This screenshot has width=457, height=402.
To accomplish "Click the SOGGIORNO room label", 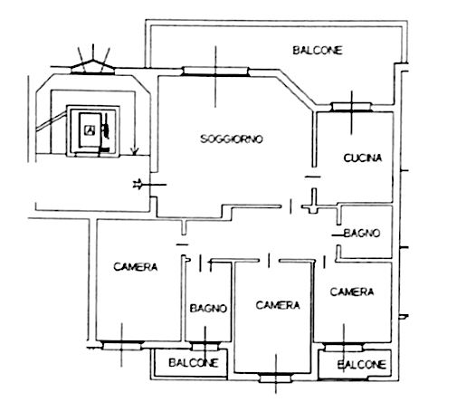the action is coord(232,139).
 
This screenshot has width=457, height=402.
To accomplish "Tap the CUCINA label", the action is coord(363,158).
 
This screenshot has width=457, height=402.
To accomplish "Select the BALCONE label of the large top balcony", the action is coord(318,50).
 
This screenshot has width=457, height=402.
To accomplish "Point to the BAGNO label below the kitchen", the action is coord(362,233).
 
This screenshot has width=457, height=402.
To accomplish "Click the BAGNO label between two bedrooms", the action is coord(208,308).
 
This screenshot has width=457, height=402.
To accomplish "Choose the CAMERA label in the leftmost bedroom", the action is coord(135,267).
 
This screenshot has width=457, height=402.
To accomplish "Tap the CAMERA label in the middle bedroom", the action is coord(278,305).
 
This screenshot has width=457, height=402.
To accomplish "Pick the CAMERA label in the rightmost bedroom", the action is coord(352,292).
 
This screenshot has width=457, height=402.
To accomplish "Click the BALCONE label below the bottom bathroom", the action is coord(194,362).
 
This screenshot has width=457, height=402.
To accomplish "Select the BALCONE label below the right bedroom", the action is coord(362,365).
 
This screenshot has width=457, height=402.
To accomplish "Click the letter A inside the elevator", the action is coord(90,130).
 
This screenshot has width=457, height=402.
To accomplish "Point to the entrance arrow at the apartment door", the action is coord(149,184).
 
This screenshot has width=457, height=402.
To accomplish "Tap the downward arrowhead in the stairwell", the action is coord(134,150).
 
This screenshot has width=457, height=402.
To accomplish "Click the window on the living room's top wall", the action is coord(215,72).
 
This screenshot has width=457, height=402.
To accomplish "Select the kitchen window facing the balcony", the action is coord(351,107).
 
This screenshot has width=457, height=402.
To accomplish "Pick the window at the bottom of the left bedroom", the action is coord(121,345).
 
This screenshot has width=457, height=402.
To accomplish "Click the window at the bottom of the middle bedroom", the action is coord(276,378).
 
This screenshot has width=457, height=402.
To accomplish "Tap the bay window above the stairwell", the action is coord(92,67).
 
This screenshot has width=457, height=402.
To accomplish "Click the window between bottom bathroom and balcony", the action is coord(205,346).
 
